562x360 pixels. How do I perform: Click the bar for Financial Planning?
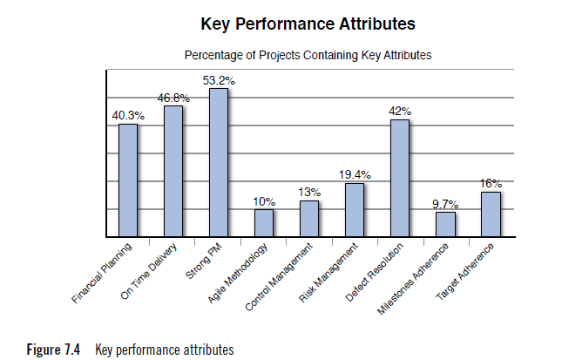coord(128,180)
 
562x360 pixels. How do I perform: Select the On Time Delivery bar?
coord(173,171)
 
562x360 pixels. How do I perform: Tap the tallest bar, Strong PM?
coord(219,162)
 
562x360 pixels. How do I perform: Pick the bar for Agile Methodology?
coord(264,223)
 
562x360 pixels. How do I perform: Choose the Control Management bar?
coord(309,219)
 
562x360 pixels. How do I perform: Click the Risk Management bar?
coord(355,210)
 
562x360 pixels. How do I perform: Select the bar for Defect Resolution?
coord(400,178)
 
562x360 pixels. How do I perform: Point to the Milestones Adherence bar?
coord(445,224)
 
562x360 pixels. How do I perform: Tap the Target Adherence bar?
coord(491,214)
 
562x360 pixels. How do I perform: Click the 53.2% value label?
coord(219,80)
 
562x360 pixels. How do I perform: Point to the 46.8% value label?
coord(173,98)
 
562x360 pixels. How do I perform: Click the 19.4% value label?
coord(355,175)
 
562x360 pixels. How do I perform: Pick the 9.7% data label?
coord(445,204)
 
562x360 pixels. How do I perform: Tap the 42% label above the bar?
coord(400,112)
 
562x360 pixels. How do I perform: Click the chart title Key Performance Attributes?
coord(308,22)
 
